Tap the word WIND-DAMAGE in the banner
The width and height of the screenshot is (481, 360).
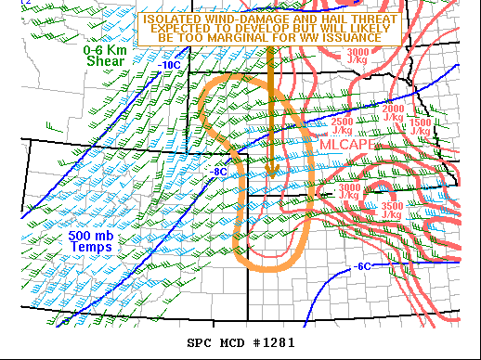241,18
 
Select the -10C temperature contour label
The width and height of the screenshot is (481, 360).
169,66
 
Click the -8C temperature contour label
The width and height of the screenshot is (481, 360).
219,172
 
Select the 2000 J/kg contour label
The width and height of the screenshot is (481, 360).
393,112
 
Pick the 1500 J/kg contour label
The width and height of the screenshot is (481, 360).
420,126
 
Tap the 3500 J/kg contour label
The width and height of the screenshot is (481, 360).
391,210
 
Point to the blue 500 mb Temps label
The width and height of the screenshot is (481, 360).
90,241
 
